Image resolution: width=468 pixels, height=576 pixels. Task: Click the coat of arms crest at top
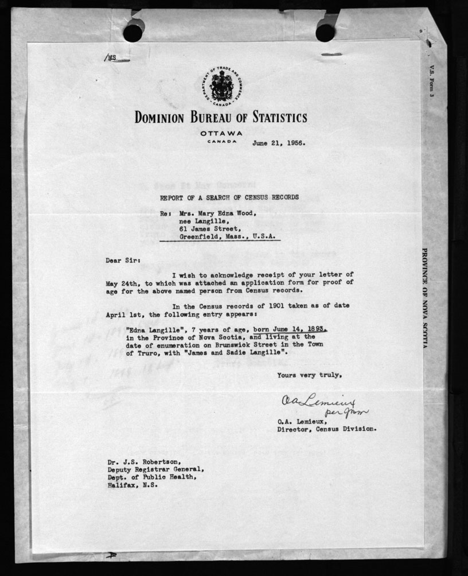coord(220,88)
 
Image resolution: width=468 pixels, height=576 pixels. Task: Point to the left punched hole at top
coord(132,32)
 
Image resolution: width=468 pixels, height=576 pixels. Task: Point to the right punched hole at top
coord(325,32)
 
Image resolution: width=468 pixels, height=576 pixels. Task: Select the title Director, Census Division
coord(327,429)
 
